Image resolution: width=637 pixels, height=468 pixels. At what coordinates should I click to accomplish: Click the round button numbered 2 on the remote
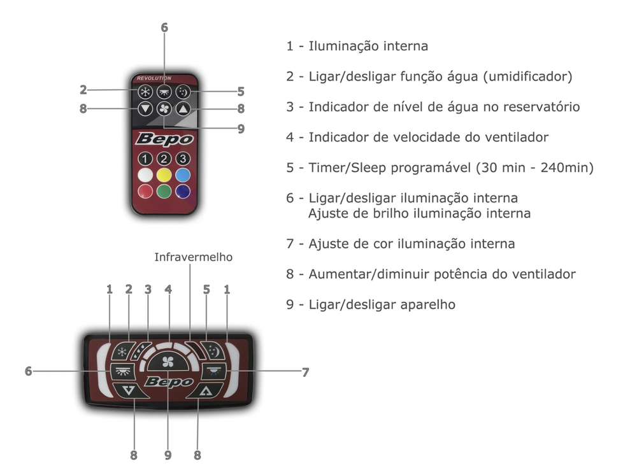(164, 159)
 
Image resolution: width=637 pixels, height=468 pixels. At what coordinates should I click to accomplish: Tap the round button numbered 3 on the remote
(183, 159)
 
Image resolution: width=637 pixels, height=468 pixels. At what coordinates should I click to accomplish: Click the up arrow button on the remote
(183, 109)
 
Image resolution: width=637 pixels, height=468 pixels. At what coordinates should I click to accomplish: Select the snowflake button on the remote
(145, 91)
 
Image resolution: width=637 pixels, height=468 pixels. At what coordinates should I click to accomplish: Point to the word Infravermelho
(193, 257)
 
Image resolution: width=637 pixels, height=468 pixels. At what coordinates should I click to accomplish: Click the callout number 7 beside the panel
(305, 372)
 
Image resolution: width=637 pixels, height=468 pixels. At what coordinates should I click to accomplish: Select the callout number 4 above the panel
(168, 289)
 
